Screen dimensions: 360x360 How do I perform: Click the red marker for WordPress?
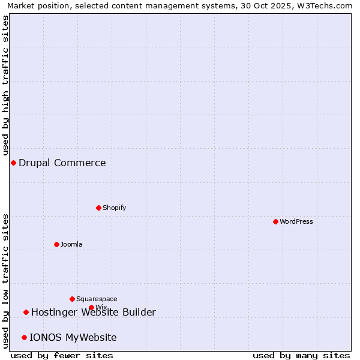(275, 221)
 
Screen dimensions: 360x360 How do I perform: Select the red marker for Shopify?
(98, 208)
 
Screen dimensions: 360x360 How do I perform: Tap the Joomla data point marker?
(56, 244)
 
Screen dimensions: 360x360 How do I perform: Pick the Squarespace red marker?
(72, 299)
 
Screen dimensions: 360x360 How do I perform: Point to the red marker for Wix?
(91, 308)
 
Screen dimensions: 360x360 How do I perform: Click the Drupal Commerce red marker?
(13, 163)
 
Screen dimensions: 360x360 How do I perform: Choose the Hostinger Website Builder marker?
(26, 312)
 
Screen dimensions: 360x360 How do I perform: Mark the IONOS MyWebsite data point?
(24, 337)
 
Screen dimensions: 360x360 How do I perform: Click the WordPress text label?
(296, 221)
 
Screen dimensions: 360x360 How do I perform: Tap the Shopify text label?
(114, 208)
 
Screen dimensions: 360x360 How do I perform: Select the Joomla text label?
(71, 244)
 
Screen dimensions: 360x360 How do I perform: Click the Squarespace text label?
(97, 299)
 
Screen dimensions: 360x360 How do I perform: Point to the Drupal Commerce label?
(62, 163)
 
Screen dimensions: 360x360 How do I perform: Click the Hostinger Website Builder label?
(94, 312)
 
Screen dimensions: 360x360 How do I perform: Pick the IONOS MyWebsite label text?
(73, 337)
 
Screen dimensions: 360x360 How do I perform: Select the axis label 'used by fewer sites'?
(62, 355)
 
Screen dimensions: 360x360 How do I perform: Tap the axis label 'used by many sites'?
(301, 355)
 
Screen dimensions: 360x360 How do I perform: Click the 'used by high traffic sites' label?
(5, 86)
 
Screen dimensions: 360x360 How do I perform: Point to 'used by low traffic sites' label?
(5, 281)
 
